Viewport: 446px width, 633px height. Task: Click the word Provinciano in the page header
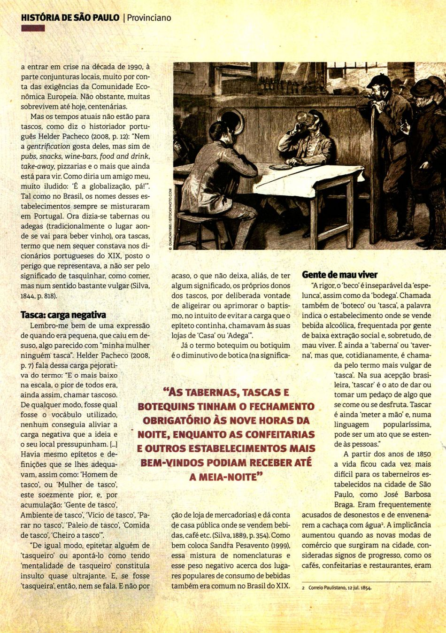pos(149,18)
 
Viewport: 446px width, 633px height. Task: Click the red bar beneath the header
pos(33,29)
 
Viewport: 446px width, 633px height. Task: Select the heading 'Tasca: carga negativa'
pos(63,315)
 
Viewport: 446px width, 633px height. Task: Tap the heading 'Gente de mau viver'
pos(339,275)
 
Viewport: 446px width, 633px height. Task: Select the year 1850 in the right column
pos(422,454)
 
